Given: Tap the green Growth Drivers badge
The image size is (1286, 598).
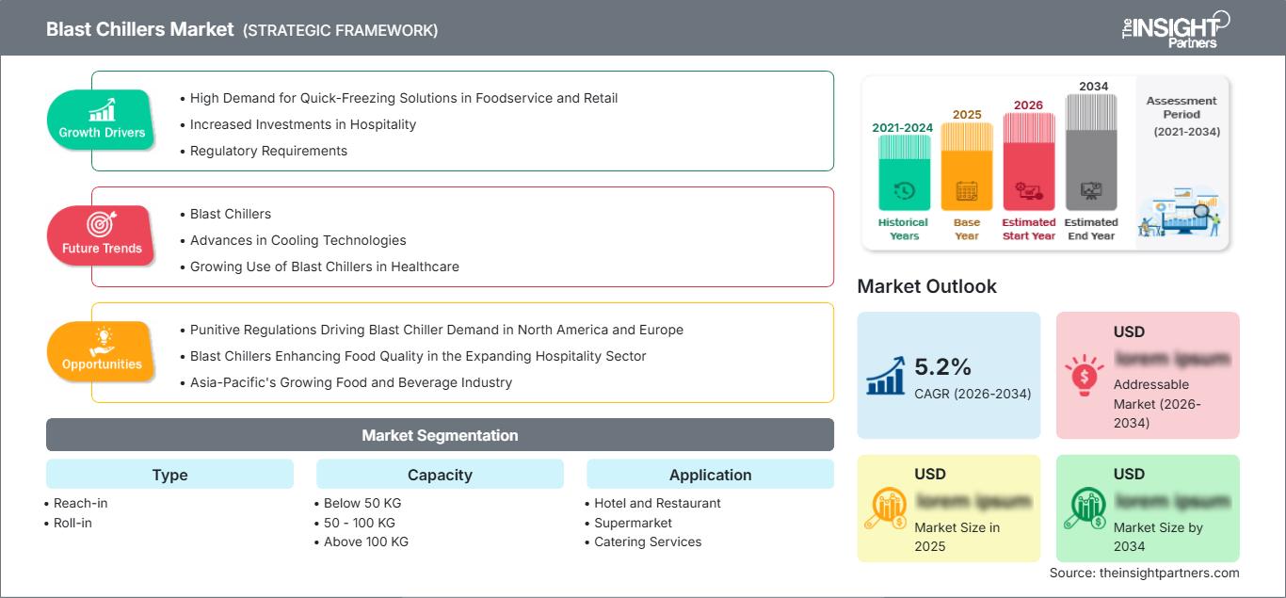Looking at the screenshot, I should tap(102, 121).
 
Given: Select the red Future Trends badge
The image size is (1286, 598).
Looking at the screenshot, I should tap(102, 235).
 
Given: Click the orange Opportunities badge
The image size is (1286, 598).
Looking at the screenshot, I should tap(102, 351).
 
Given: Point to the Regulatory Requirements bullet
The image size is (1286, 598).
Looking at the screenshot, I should tap(268, 151).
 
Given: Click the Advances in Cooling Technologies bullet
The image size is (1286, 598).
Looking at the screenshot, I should tap(297, 240).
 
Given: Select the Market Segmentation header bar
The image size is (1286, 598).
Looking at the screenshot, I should tap(440, 435).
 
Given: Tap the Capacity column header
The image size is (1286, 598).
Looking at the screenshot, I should tap(440, 475).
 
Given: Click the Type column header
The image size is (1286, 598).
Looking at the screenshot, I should tap(169, 475).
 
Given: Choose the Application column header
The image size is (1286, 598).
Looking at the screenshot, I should tap(710, 475).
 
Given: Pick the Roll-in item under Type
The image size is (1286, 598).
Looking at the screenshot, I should tap(72, 523).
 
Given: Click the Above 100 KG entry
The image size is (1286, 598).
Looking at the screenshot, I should tap(365, 541).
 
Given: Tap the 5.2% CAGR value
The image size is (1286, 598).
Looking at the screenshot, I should tap(943, 367).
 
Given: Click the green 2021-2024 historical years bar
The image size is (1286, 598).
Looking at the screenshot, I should tap(904, 172).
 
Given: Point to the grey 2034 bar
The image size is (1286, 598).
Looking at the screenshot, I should tap(1091, 153).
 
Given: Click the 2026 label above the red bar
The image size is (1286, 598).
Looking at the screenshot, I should tap(1028, 105).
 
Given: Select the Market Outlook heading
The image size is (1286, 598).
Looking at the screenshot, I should tap(926, 286).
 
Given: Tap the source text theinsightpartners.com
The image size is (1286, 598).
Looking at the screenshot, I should tap(1144, 573).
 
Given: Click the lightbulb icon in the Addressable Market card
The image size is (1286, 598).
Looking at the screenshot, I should tap(1084, 374).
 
